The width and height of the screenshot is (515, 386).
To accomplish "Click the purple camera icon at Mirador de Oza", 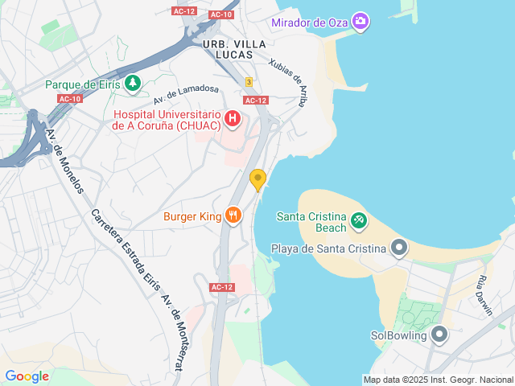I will point(360,20).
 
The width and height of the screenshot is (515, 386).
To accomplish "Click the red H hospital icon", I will point(233,119).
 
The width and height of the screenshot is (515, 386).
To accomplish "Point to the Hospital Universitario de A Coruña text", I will point(167,119).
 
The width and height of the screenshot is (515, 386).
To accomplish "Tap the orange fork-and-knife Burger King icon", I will point(233,215).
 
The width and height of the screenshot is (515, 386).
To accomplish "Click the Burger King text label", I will point(192,216).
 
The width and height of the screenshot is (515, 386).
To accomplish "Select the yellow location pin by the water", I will point(257,179).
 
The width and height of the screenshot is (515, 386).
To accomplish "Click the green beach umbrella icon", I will point(359,218).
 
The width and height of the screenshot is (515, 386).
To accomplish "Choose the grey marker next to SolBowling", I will point(439,334).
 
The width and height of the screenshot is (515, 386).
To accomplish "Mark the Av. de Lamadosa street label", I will point(186,96).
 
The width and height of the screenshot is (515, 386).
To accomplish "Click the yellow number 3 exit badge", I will point(249,82).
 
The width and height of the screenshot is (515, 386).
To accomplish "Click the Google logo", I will point(27,376).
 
